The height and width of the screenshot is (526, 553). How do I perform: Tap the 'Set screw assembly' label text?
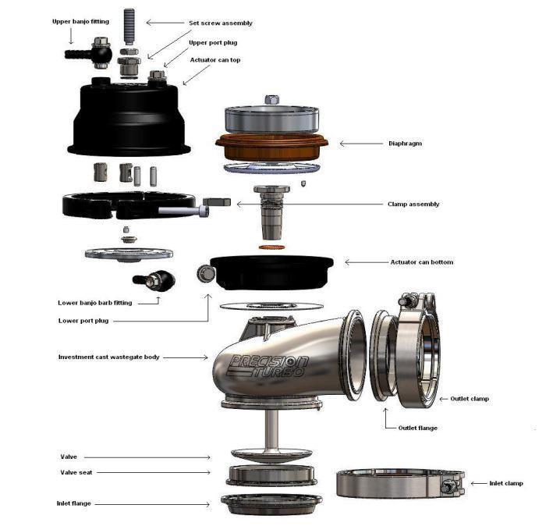point(221,23)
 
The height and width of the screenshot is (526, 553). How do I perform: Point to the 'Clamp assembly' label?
point(413,204)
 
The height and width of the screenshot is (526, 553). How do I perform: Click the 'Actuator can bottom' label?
point(421,262)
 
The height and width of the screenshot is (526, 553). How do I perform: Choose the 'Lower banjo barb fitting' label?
point(97,303)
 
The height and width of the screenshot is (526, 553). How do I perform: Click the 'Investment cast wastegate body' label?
point(108,357)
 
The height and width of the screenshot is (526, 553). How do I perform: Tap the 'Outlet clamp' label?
point(470,399)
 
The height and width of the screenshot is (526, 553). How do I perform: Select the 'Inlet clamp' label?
point(506,484)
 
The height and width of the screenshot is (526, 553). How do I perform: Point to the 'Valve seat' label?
point(79,472)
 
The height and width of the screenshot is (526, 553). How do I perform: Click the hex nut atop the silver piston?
point(272,99)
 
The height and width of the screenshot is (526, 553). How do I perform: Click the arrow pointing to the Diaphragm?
point(359,144)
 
